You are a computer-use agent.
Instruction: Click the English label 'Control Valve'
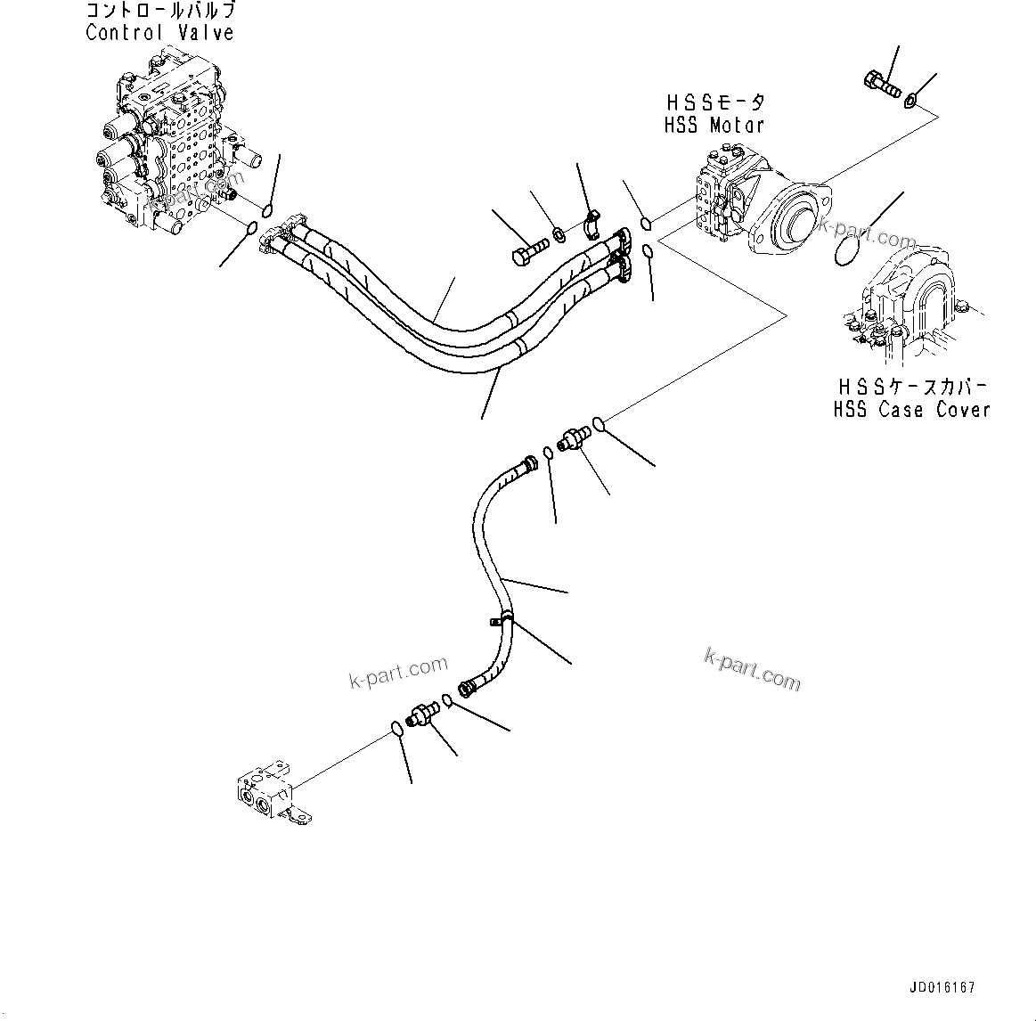click(159, 33)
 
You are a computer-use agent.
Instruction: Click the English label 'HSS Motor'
click(714, 126)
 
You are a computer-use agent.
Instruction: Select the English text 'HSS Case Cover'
click(911, 410)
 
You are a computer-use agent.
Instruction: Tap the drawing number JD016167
click(942, 988)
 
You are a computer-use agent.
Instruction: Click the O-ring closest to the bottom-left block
click(397, 730)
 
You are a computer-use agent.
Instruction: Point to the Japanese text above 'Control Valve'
click(161, 12)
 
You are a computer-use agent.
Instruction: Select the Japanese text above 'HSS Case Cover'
click(911, 388)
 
